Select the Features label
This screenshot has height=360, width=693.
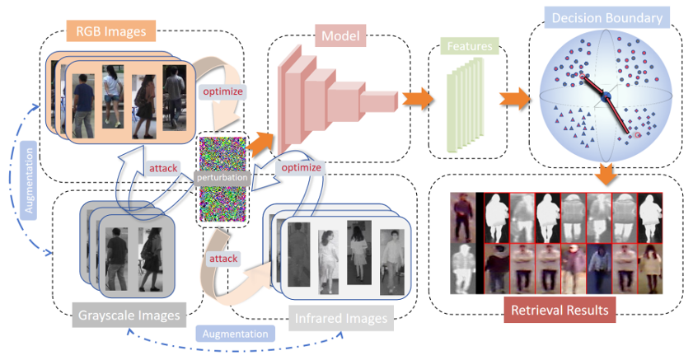[470, 47]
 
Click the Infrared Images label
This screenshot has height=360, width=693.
[340, 316]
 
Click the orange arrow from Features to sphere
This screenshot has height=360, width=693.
[513, 100]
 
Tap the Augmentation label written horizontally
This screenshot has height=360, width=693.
[236, 334]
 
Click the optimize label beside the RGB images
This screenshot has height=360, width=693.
[222, 91]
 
